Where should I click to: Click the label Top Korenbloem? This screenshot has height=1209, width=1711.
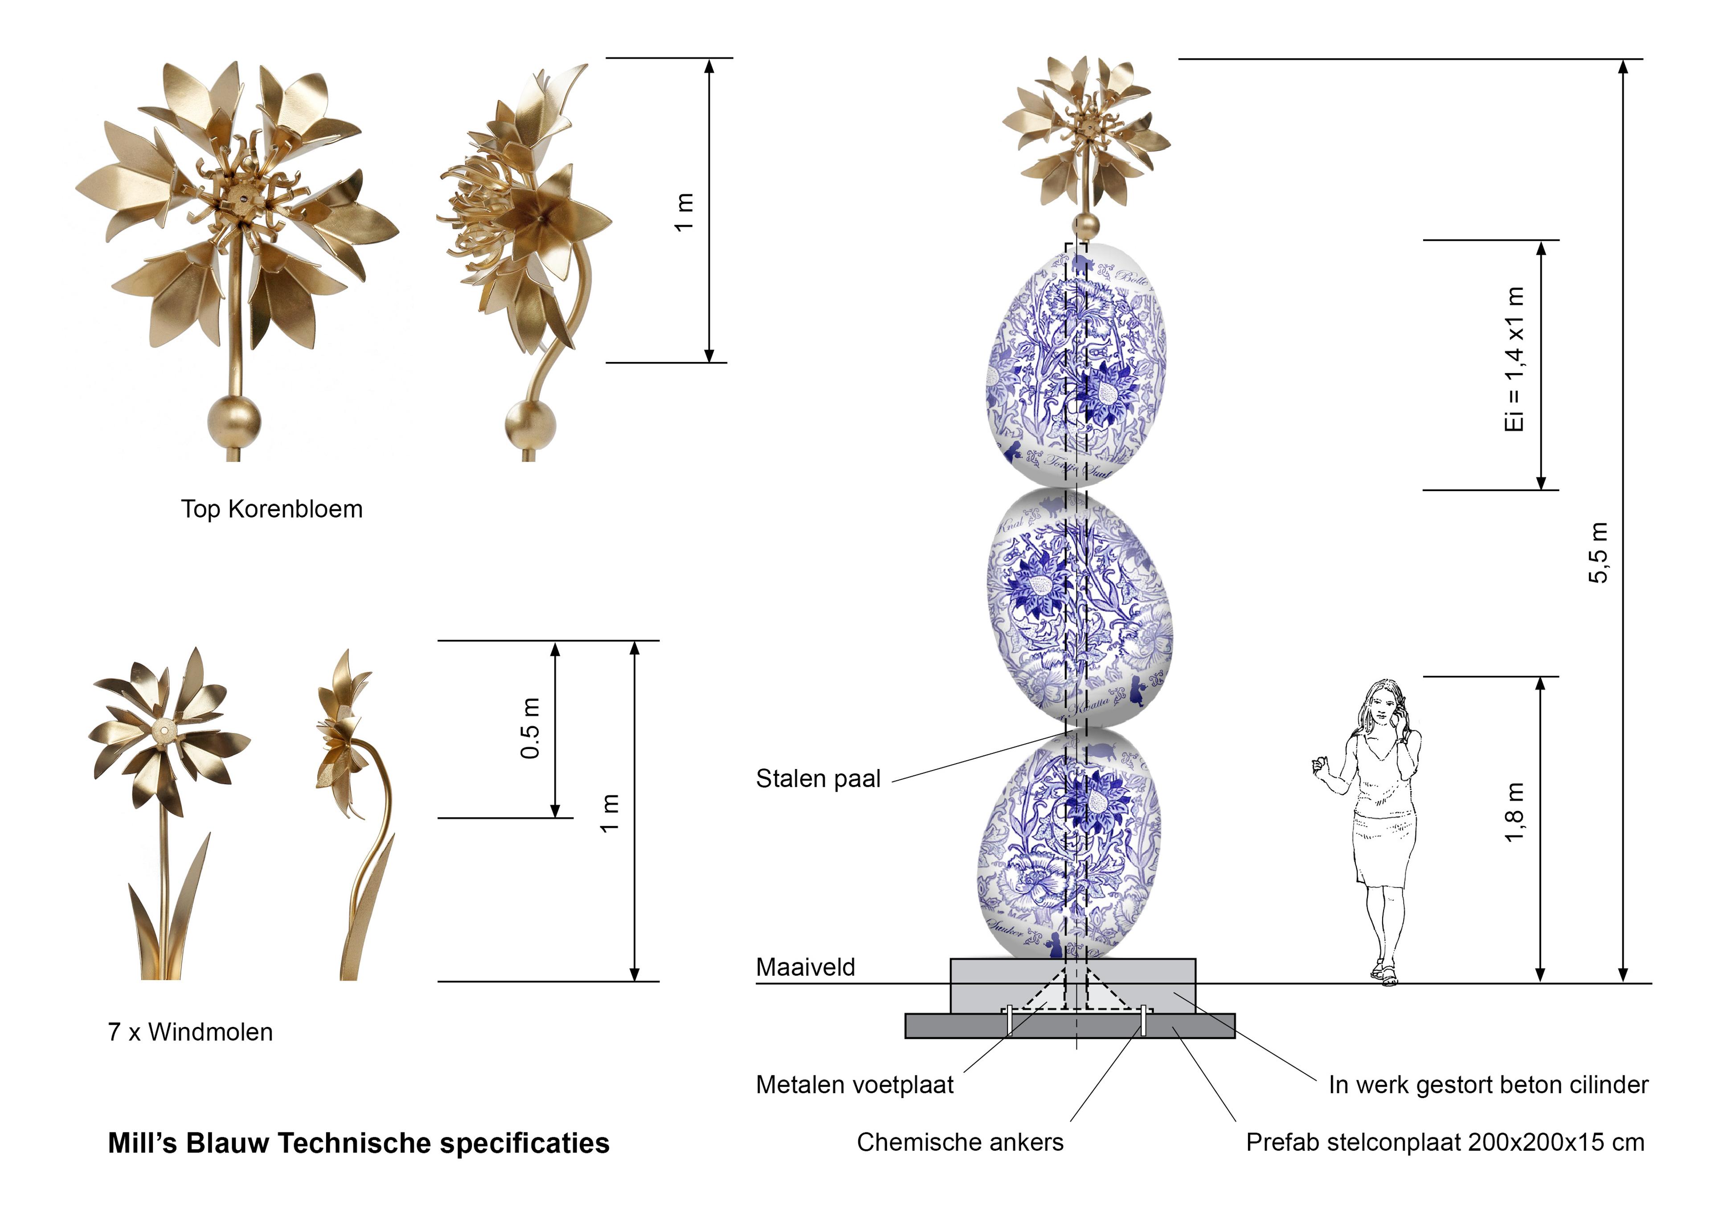(x=271, y=509)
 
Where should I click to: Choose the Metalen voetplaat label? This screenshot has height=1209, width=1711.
(x=854, y=1085)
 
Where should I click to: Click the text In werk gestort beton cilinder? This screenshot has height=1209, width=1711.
(x=1488, y=1085)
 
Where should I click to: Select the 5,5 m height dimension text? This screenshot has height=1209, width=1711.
(x=1598, y=552)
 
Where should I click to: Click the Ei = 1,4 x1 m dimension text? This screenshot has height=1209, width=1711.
(x=1514, y=359)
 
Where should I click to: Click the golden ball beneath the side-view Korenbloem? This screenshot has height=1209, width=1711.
(x=530, y=425)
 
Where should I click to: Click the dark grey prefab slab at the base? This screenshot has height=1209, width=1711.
(x=1069, y=1026)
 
